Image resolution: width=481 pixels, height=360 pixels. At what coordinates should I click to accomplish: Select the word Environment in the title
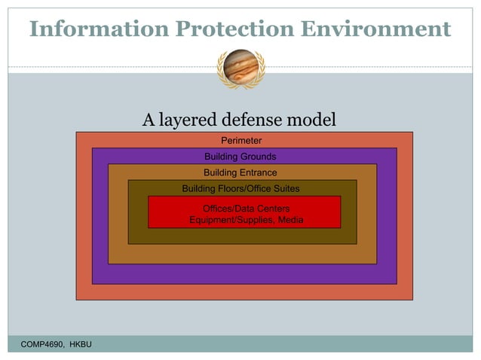(384, 29)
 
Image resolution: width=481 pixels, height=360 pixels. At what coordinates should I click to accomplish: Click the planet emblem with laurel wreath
(240, 68)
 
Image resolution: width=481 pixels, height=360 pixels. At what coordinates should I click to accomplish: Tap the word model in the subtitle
(311, 120)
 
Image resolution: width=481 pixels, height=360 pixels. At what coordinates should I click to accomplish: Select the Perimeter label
(240, 141)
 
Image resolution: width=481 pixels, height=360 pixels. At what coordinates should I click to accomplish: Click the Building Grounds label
(240, 157)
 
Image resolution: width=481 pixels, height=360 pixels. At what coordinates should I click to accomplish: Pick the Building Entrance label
(240, 172)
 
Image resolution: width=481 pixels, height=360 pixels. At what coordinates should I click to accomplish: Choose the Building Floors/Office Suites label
(240, 188)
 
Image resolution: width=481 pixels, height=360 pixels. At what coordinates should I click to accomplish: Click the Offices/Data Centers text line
(246, 208)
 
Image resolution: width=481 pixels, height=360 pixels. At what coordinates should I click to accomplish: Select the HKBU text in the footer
(82, 344)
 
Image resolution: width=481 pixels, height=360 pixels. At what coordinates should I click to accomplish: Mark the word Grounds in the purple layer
(259, 157)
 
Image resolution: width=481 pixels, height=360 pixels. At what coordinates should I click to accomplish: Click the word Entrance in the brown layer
(256, 172)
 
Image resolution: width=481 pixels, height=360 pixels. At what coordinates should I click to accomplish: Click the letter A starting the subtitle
(149, 120)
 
